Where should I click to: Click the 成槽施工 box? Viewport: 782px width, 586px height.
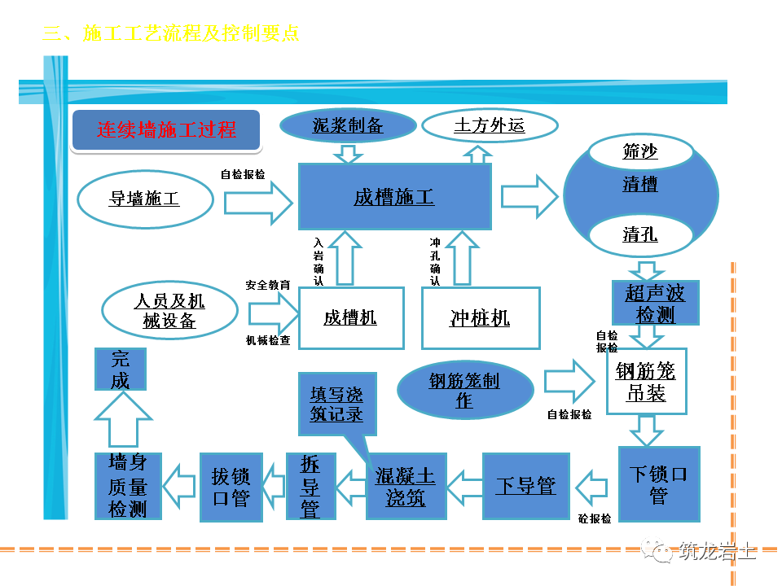point(394,196)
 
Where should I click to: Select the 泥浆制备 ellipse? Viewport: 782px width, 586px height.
point(348,126)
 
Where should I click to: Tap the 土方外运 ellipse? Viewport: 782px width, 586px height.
point(490,126)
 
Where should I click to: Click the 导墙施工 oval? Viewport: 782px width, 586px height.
point(145,199)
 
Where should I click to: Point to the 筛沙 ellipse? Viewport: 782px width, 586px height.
point(640,151)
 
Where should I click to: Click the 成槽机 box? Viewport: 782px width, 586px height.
point(351,317)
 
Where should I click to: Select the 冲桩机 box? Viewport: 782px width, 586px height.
point(481,317)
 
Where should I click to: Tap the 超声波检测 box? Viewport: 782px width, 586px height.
point(655,304)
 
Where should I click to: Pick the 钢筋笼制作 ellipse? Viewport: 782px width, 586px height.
point(464,390)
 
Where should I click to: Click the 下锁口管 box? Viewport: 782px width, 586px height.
point(658,484)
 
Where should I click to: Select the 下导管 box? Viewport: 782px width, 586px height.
point(525,486)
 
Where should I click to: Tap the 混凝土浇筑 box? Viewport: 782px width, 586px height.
point(406,487)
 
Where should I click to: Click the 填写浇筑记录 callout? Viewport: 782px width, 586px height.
point(336,404)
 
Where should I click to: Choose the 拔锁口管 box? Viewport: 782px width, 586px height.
point(231,487)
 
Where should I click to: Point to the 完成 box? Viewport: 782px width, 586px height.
point(121,370)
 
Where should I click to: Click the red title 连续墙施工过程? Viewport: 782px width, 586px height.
point(166,130)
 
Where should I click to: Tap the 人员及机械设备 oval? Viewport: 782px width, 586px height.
point(169,311)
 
